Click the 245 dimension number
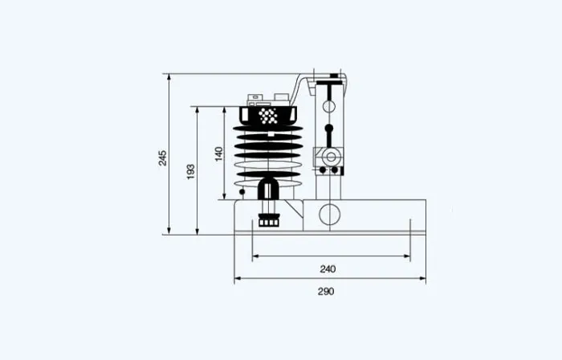163,158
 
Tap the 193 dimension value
191,172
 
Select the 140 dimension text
218,154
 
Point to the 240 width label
328,269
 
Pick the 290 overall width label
326,292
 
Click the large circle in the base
329,215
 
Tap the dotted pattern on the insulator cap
268,116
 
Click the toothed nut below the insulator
269,220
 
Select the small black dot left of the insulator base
242,192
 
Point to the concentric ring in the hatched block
331,157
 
